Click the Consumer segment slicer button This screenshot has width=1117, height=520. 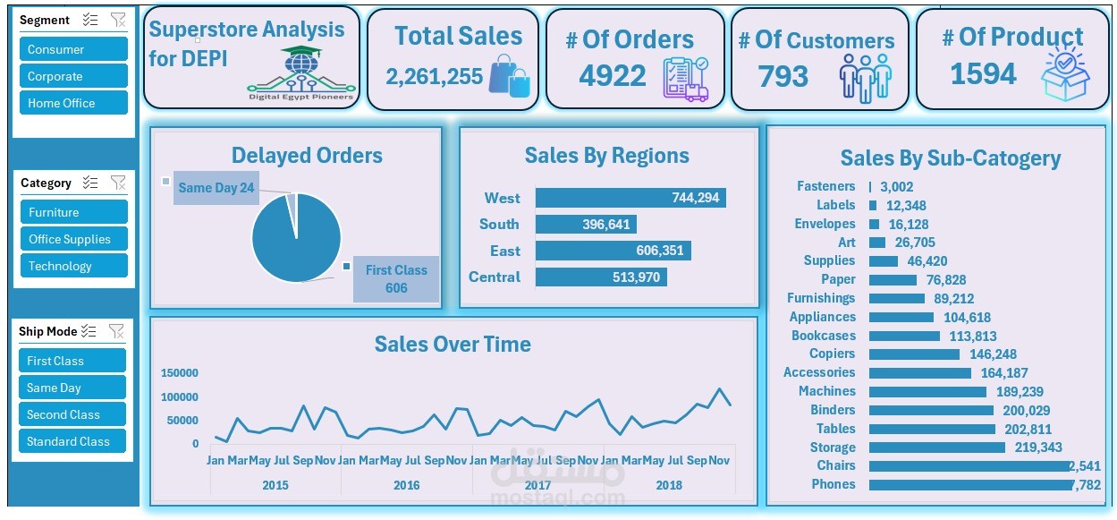[x=73, y=49]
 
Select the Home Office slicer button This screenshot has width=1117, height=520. [x=73, y=103]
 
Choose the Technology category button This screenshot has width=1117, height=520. [x=73, y=266]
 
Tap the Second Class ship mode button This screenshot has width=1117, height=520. [x=72, y=414]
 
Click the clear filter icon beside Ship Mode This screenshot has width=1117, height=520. [x=116, y=331]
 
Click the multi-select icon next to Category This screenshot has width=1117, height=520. [x=89, y=183]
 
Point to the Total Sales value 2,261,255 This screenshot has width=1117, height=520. [x=435, y=77]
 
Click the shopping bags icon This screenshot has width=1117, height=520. [x=509, y=75]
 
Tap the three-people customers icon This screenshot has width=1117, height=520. [x=865, y=77]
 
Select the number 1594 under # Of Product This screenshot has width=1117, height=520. [x=983, y=74]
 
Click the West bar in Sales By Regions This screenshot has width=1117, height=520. [x=630, y=198]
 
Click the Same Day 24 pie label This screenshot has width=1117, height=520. [x=216, y=188]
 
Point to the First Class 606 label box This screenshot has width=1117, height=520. [x=396, y=279]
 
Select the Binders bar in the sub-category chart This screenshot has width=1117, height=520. [x=931, y=410]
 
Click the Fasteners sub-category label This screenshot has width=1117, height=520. [x=825, y=186]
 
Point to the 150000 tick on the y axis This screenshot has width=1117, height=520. [x=180, y=373]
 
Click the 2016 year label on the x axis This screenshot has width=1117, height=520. [x=407, y=485]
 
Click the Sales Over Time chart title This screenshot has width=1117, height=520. [x=453, y=345]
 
